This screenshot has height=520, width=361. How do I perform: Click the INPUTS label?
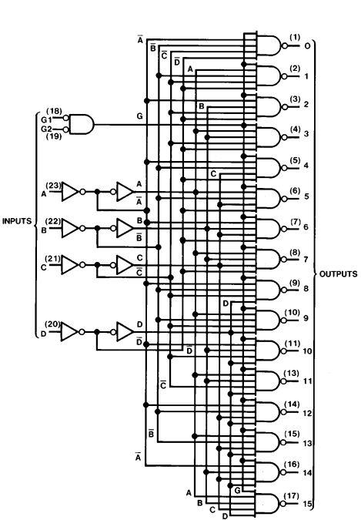coord(17,221)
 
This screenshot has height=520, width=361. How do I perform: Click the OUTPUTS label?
coord(339,274)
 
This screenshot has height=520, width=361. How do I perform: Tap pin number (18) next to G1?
coord(54,111)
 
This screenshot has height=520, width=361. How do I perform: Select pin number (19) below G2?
coord(54,136)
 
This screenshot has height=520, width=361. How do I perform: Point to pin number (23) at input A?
coord(53,186)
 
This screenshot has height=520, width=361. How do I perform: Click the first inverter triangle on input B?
coord(70,228)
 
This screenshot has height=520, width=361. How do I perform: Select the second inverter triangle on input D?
coord(125,331)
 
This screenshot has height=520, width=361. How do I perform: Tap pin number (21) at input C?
coord(52,259)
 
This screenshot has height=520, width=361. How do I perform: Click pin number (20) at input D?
coord(52,324)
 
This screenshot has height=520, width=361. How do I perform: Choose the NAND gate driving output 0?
coord(269,45)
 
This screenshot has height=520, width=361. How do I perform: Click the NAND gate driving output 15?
coord(268,503)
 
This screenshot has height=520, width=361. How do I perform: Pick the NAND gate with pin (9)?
coord(269,290)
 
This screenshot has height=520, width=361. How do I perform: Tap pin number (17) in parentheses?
coord(292,496)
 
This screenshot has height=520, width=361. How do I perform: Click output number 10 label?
coord(307,351)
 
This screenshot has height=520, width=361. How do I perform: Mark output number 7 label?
coord(306,259)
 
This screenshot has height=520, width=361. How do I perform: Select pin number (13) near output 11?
coord(292,374)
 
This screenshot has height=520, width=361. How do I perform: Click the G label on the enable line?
coord(140,116)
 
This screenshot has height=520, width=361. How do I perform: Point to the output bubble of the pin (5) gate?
coord(284,168)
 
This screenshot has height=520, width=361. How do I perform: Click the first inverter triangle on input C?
coord(70,265)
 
